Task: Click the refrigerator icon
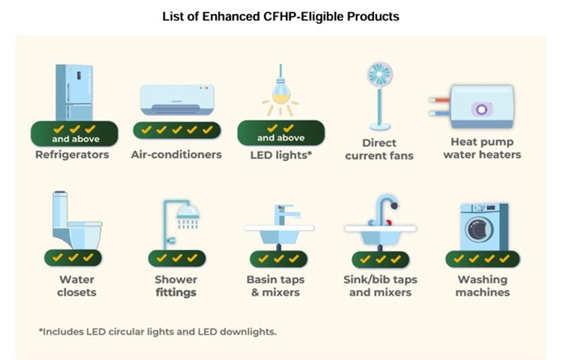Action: pyautogui.click(x=74, y=92)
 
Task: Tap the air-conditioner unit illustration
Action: pyautogui.click(x=177, y=100)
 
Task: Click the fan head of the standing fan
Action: pyautogui.click(x=380, y=75)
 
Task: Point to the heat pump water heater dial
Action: pyautogui.click(x=481, y=109)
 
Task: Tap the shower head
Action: pyautogui.click(x=188, y=212)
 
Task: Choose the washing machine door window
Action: pyautogui.click(x=479, y=229)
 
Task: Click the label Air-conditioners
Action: pyautogui.click(x=176, y=155)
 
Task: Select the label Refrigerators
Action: pyautogui.click(x=72, y=155)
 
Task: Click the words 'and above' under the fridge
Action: pyautogui.click(x=76, y=139)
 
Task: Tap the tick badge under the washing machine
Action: pyautogui.click(x=483, y=258)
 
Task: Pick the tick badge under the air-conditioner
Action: pyautogui.click(x=177, y=130)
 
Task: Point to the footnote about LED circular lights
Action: pyautogui.click(x=157, y=332)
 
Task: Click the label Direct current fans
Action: pyautogui.click(x=379, y=149)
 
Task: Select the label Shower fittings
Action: pyautogui.click(x=176, y=286)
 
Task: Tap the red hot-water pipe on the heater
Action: pyautogui.click(x=440, y=100)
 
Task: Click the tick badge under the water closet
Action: pyautogui.click(x=73, y=258)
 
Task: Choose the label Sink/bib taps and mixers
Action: pyautogui.click(x=380, y=286)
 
